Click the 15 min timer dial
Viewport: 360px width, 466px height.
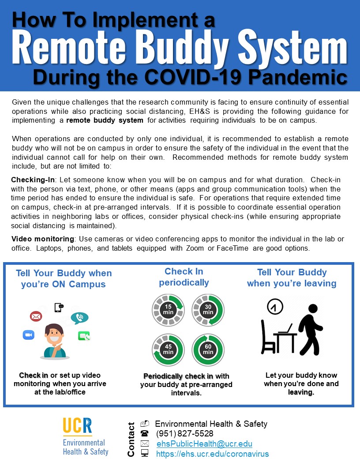(168, 309)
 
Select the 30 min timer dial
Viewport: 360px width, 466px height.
(208, 309)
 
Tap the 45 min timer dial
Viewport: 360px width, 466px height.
(168, 349)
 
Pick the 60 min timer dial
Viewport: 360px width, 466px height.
(208, 349)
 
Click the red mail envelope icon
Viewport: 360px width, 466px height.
(36, 316)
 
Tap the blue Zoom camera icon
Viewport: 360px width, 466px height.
(29, 335)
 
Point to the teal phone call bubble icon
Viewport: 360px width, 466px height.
(80, 317)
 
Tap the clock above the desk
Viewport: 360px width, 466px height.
(275, 307)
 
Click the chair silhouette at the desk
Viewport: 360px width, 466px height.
(268, 338)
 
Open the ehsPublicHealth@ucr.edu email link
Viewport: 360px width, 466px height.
(204, 444)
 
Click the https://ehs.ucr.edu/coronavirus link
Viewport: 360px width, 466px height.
(212, 454)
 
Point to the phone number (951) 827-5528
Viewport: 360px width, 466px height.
(185, 434)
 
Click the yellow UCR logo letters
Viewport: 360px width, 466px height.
(77, 426)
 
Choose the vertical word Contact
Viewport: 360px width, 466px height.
(131, 439)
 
